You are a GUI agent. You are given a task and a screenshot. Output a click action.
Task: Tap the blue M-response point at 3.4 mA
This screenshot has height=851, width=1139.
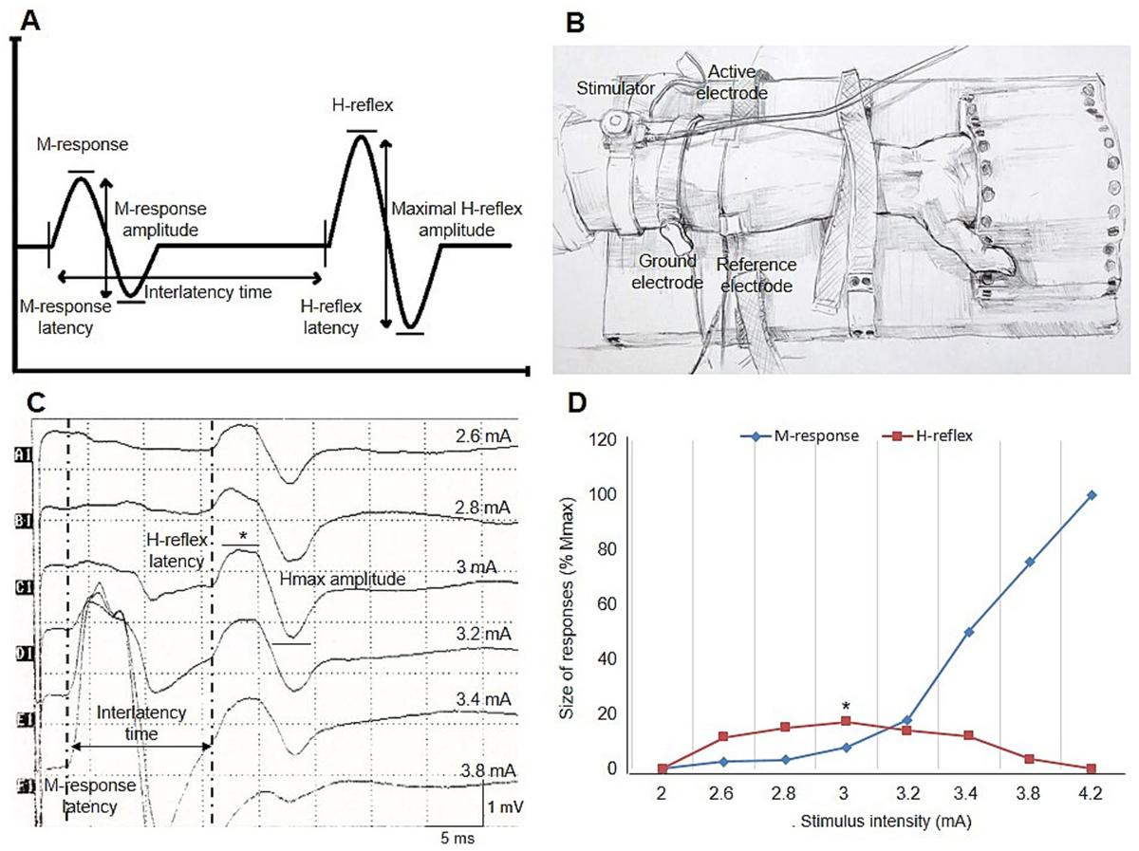969,632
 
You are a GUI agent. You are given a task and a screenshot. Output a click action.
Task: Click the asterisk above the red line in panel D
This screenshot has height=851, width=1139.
846,706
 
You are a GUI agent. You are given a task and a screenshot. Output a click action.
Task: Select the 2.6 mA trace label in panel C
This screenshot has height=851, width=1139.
481,435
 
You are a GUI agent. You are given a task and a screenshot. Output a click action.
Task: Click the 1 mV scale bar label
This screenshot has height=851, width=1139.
504,805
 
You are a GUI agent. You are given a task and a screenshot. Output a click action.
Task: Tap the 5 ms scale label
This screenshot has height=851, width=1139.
455,839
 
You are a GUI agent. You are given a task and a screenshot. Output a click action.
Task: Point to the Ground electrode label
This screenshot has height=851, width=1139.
665,270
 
